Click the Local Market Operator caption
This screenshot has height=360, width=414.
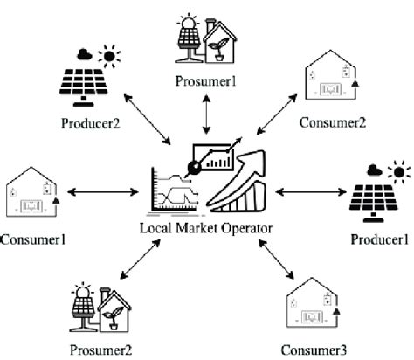coord(206,228)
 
